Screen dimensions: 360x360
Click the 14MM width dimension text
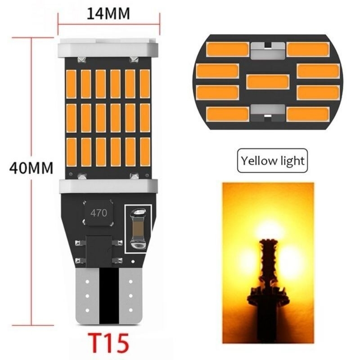click(108, 14)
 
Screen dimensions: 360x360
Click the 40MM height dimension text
click(31, 168)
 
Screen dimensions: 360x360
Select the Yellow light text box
click(272, 161)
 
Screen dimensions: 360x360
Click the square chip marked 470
click(99, 213)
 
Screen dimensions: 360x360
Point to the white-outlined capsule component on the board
click(138, 229)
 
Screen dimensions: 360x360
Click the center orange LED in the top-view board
click(268, 81)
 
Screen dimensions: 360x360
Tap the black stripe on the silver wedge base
click(109, 296)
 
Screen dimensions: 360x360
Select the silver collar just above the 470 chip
click(108, 186)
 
